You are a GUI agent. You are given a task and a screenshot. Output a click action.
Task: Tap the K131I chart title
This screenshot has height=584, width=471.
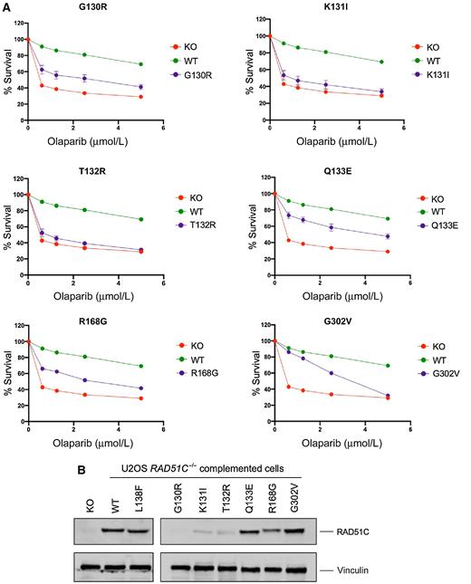pyautogui.click(x=313, y=8)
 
